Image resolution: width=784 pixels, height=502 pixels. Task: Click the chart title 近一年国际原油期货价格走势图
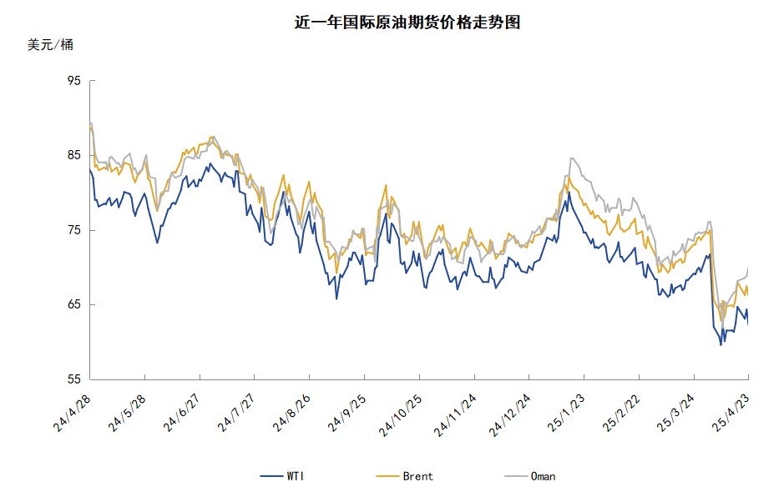pyautogui.click(x=407, y=23)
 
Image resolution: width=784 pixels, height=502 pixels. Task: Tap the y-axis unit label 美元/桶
pyautogui.click(x=50, y=45)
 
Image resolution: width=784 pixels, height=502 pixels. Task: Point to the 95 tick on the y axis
pyautogui.click(x=73, y=81)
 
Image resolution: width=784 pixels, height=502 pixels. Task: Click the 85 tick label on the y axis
pyautogui.click(x=73, y=155)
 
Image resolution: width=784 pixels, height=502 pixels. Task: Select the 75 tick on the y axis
pyautogui.click(x=73, y=230)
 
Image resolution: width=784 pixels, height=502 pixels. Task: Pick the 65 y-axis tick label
pyautogui.click(x=73, y=304)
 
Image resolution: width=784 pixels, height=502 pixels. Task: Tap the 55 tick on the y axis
pyautogui.click(x=73, y=379)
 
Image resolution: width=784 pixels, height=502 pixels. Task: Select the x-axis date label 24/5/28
pyautogui.click(x=127, y=414)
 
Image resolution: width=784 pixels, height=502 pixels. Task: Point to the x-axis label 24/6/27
pyautogui.click(x=181, y=414)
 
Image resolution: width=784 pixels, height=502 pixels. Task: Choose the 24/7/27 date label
pyautogui.click(x=236, y=414)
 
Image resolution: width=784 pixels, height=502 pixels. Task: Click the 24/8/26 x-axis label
pyautogui.click(x=291, y=414)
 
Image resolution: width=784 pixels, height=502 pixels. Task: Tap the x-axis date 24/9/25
pyautogui.click(x=346, y=414)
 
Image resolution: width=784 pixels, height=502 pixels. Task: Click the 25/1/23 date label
pyautogui.click(x=566, y=414)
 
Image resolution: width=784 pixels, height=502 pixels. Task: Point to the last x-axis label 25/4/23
pyautogui.click(x=731, y=414)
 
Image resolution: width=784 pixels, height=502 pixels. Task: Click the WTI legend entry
pyautogui.click(x=282, y=476)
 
